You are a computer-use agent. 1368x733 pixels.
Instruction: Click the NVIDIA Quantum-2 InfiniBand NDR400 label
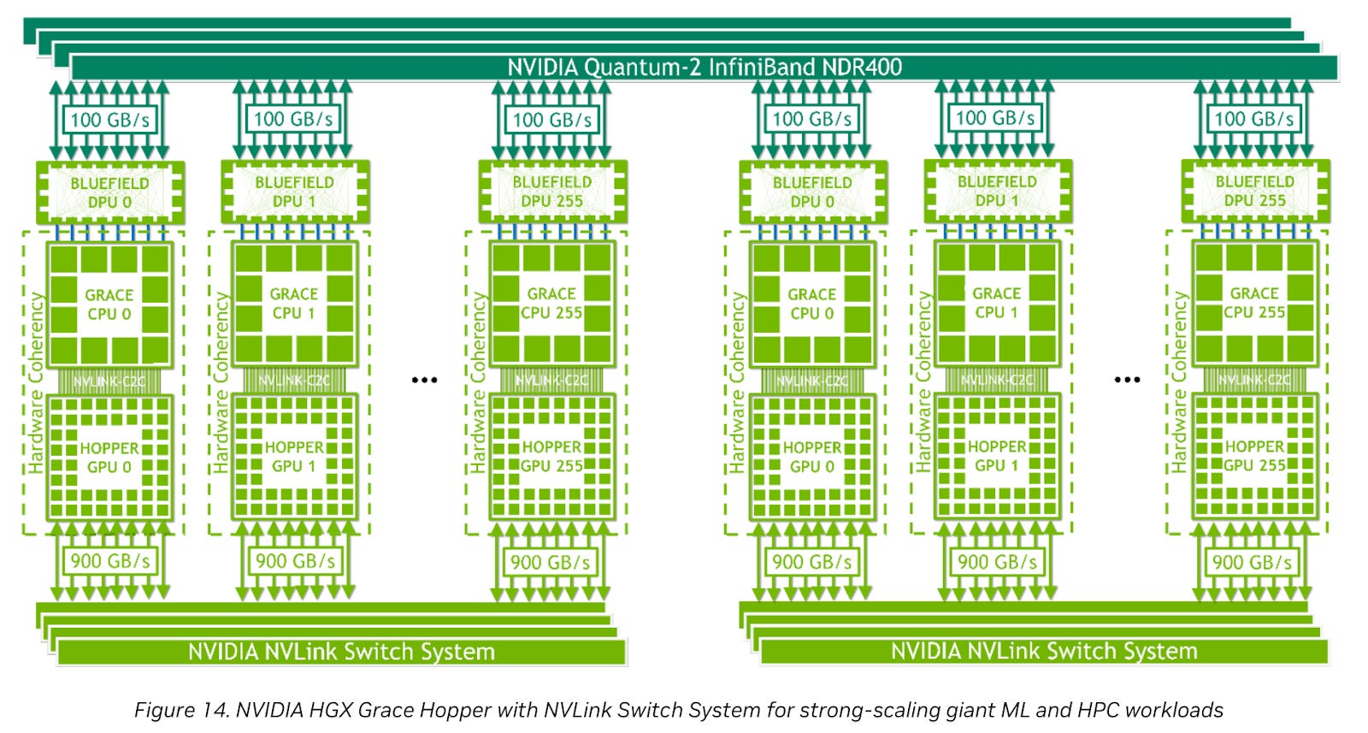click(705, 67)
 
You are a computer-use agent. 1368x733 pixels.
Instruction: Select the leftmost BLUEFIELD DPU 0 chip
click(109, 192)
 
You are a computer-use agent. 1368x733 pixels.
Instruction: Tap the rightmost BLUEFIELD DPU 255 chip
click(1254, 192)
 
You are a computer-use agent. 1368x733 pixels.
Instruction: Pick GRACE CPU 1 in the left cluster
click(294, 304)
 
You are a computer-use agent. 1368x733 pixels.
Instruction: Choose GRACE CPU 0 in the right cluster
click(811, 304)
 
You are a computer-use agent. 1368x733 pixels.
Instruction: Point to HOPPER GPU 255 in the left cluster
click(551, 457)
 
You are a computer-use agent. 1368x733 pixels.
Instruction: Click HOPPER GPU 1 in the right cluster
click(996, 457)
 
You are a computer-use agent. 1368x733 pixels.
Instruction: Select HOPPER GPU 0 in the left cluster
click(109, 458)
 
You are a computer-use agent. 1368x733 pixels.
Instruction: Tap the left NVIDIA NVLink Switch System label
click(341, 652)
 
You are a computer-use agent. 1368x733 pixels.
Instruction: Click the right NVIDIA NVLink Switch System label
click(1044, 652)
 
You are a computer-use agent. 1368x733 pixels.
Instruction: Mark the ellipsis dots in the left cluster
click(424, 380)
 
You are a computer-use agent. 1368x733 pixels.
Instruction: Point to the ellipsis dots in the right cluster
click(1127, 380)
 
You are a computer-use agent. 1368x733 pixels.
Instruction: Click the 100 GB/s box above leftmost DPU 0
click(109, 119)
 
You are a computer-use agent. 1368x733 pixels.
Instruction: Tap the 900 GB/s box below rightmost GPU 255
click(1252, 562)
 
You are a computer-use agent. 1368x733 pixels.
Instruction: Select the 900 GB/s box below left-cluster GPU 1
click(295, 561)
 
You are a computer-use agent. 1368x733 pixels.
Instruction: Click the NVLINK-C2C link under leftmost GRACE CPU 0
click(109, 381)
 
